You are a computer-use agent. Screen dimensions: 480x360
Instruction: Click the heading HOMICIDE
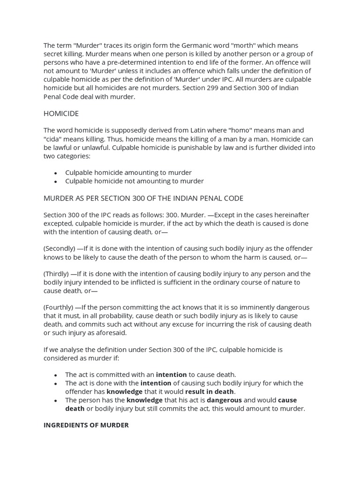click(61, 113)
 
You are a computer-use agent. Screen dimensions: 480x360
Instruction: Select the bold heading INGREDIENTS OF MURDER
click(86, 425)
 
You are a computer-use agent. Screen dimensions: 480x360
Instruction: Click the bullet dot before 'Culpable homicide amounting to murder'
click(55, 173)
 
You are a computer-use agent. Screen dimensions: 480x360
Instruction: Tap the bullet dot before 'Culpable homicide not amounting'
click(55, 181)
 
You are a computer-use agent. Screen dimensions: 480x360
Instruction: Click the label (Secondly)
click(59, 248)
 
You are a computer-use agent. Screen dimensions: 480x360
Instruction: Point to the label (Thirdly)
click(56, 274)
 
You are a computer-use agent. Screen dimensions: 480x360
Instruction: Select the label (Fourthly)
click(60, 307)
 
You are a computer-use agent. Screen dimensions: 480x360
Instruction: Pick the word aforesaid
click(111, 333)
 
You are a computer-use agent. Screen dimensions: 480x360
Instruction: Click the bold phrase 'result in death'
click(209, 391)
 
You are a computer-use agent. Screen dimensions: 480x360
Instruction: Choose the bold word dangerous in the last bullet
click(224, 400)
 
